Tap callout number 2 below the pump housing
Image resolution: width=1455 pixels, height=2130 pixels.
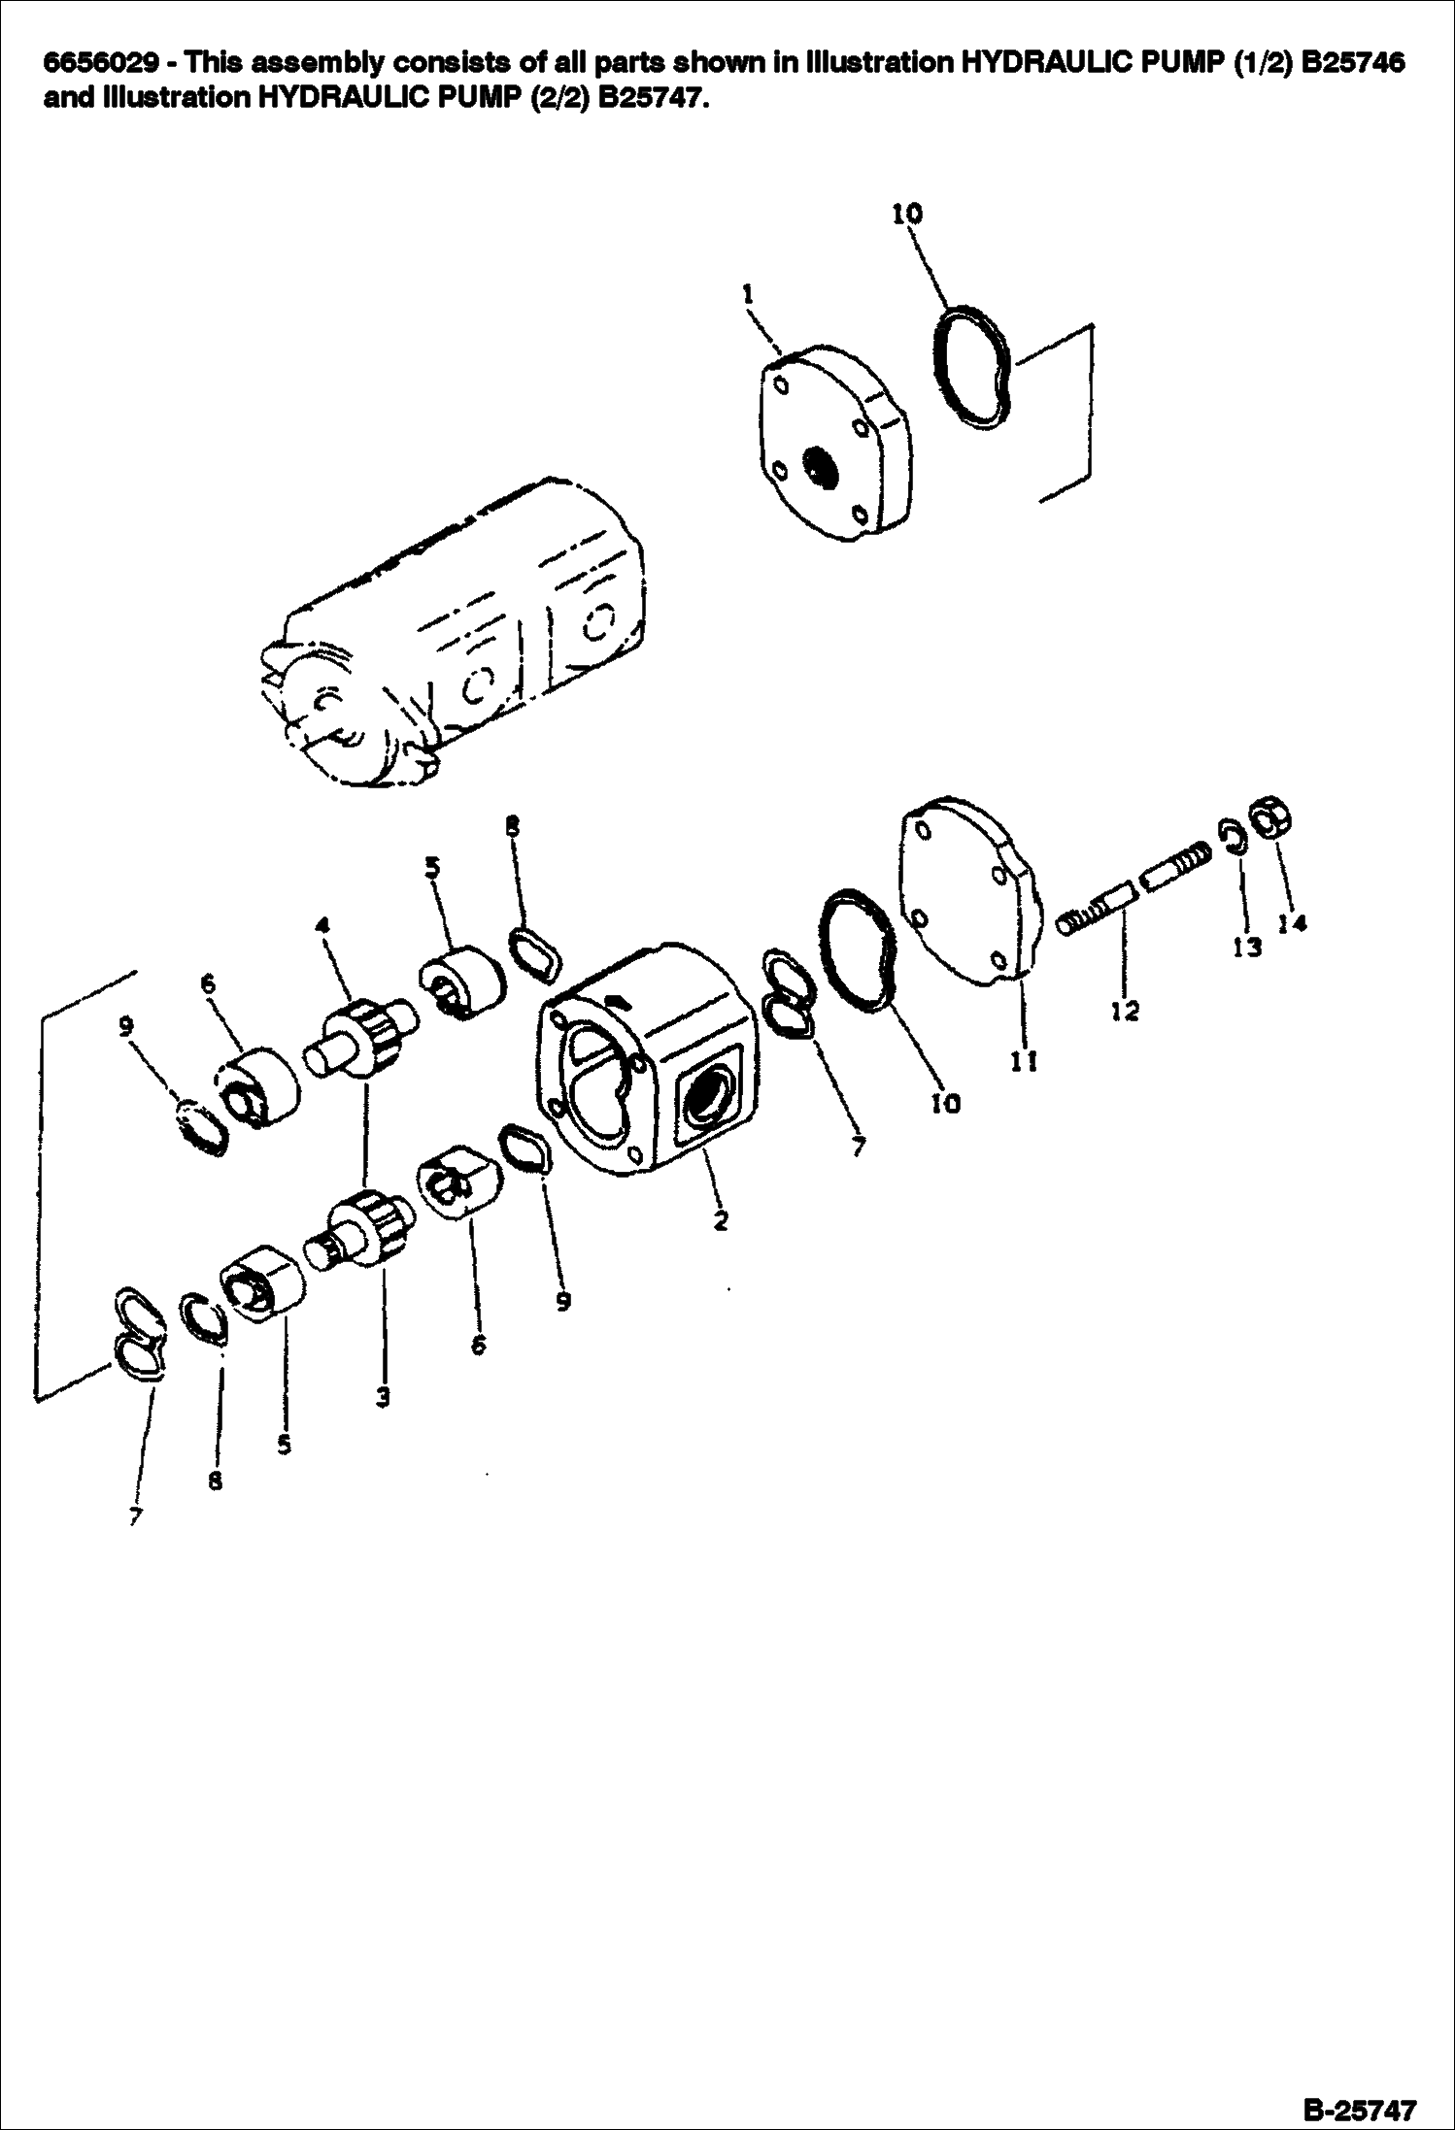click(x=720, y=1220)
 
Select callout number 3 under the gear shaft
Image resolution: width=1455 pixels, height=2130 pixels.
click(x=383, y=1397)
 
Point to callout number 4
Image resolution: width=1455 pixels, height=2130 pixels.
click(x=323, y=925)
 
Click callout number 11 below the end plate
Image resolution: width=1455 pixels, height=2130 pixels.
click(x=1024, y=1062)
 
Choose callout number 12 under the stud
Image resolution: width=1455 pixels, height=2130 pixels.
click(x=1125, y=1012)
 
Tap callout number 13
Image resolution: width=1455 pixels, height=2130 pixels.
click(x=1247, y=947)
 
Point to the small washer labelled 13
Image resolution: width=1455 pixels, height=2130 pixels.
click(x=1233, y=837)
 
